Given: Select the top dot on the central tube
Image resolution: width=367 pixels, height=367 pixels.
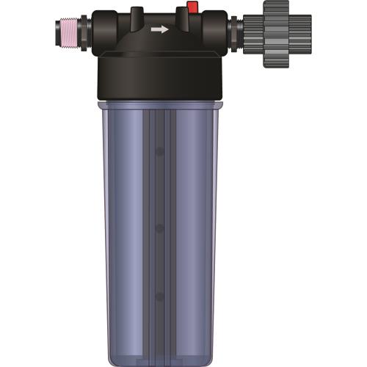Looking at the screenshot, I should [159, 153].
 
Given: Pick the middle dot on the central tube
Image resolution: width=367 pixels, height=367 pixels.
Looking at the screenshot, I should [159, 228].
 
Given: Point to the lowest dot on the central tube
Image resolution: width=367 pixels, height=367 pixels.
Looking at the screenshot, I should [159, 295].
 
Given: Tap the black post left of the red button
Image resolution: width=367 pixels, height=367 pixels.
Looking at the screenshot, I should [137, 16].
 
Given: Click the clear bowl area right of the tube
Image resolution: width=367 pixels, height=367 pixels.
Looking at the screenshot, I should [195, 220].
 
